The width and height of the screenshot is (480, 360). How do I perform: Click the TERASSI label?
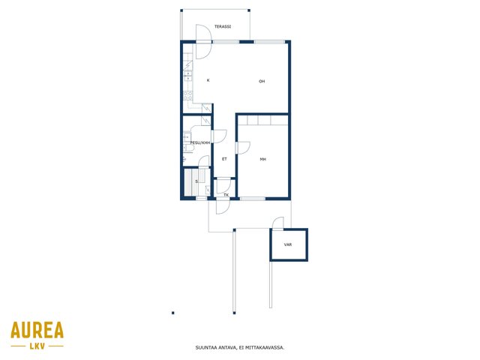(x=223, y=27)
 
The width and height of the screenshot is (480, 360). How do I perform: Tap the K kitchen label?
(x=208, y=80)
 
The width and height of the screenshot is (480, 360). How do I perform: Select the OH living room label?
(x=262, y=81)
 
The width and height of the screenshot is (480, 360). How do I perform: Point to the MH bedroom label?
(x=262, y=159)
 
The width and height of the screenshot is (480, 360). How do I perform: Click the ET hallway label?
(x=224, y=159)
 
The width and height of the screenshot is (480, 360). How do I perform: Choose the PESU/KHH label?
(x=200, y=142)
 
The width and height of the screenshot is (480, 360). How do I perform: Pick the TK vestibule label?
(x=226, y=195)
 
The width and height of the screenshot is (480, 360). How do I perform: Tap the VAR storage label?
(x=288, y=244)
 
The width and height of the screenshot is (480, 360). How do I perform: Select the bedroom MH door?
(x=243, y=148)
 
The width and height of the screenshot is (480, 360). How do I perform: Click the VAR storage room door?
(x=278, y=223)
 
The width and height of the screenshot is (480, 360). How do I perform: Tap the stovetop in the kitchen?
(x=188, y=95)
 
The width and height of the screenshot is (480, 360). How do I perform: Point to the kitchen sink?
(x=188, y=75)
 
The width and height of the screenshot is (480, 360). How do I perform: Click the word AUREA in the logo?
(x=37, y=330)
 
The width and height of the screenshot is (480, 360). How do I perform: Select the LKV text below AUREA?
(x=37, y=346)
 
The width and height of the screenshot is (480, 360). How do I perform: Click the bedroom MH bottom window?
(x=253, y=199)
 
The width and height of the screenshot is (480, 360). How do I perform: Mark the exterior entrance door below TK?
(x=223, y=206)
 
